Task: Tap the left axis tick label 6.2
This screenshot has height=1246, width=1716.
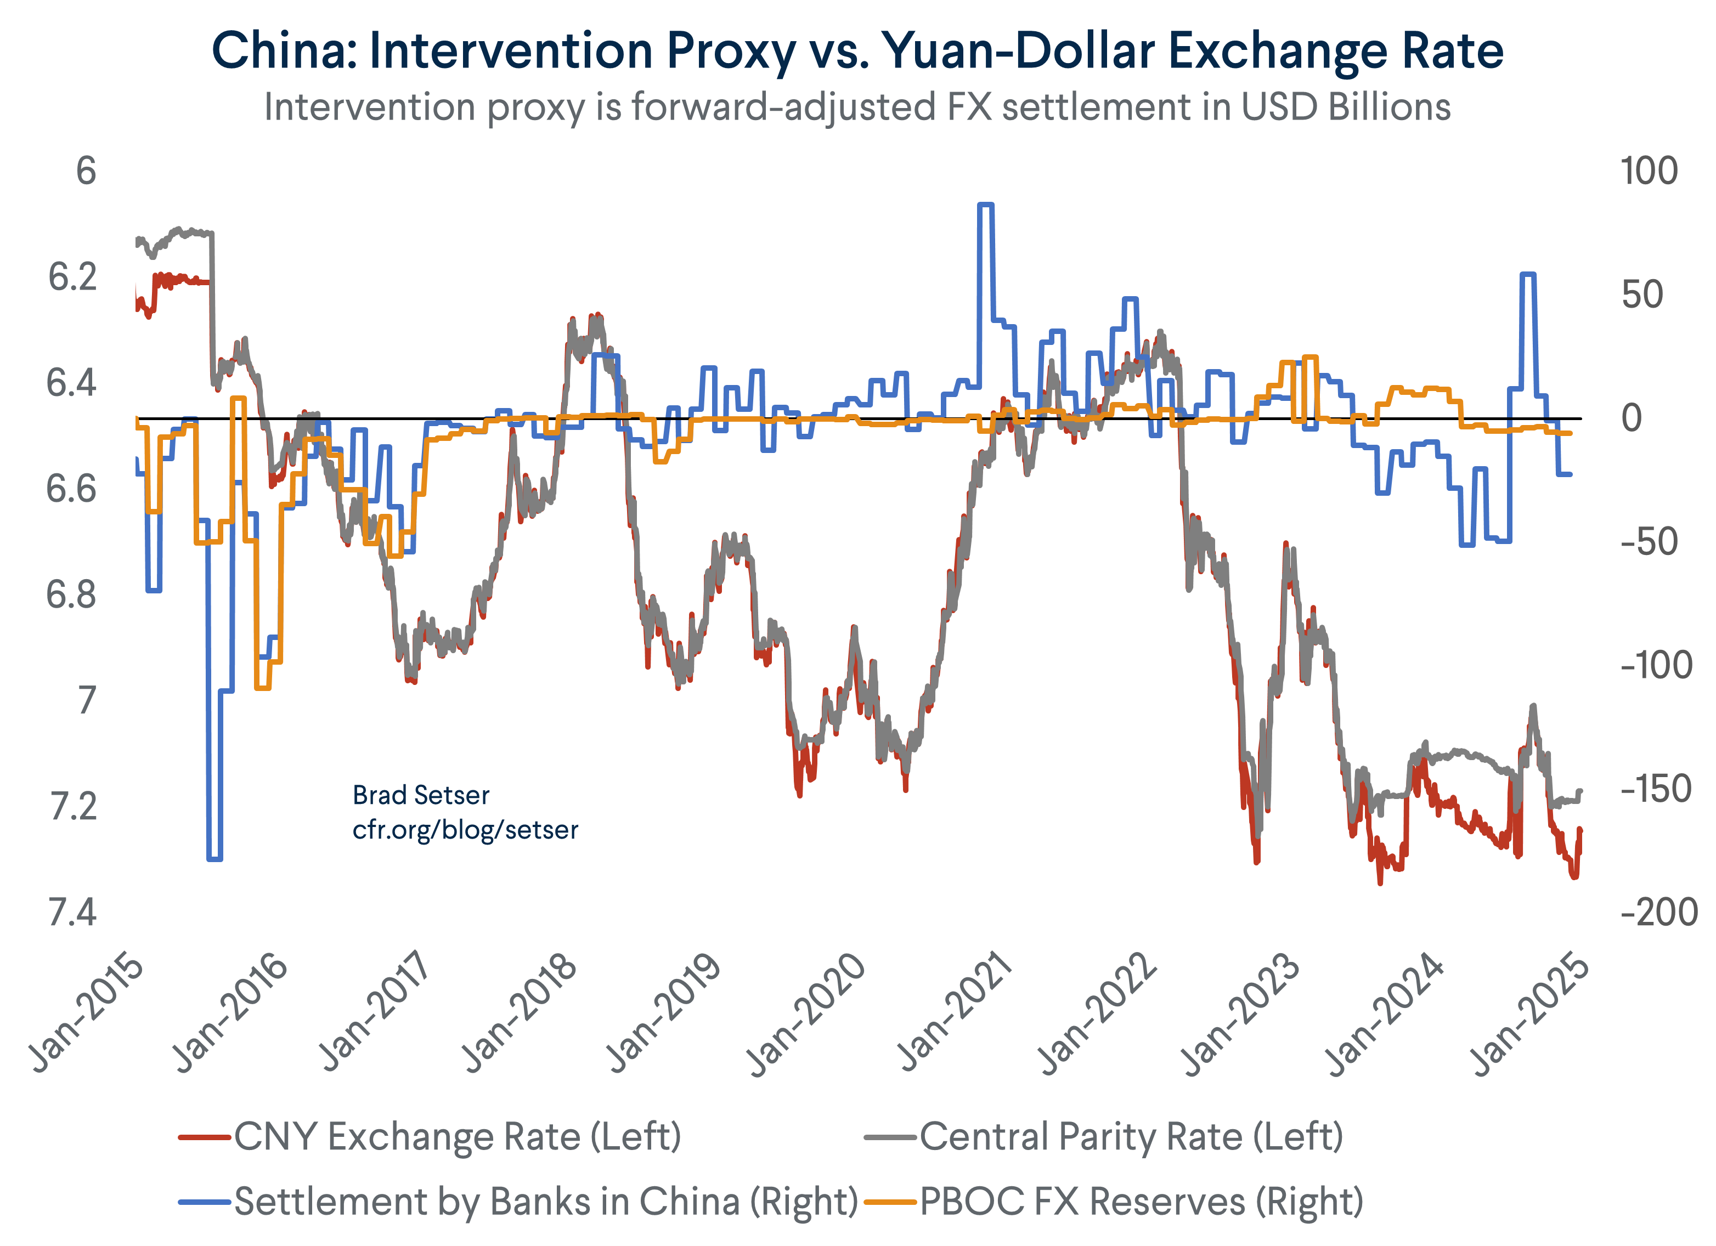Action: [x=72, y=277]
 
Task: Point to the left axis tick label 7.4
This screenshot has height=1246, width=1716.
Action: [x=72, y=913]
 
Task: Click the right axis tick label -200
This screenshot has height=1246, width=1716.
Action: [x=1657, y=913]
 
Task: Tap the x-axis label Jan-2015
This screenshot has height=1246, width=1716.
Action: [x=86, y=1014]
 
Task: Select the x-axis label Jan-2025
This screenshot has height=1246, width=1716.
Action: [x=1530, y=1014]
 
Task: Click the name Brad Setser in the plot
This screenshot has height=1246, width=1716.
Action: [x=421, y=795]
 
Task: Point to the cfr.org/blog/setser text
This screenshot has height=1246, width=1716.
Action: [x=465, y=830]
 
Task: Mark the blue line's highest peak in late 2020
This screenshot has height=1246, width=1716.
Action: [x=985, y=205]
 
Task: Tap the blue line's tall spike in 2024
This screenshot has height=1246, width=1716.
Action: [x=1528, y=275]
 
